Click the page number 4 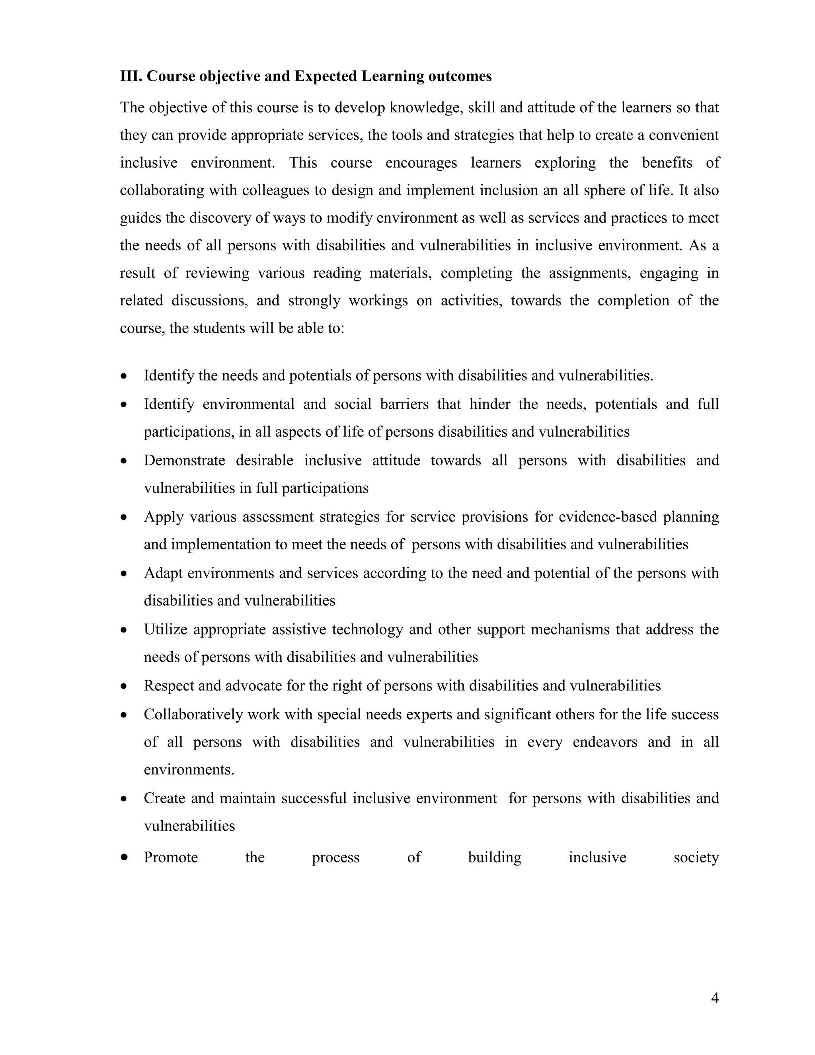coord(715,998)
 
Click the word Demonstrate coord(184,460)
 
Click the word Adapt coord(163,573)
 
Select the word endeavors coord(605,742)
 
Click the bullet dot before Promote coord(125,858)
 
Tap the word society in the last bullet coord(696,858)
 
